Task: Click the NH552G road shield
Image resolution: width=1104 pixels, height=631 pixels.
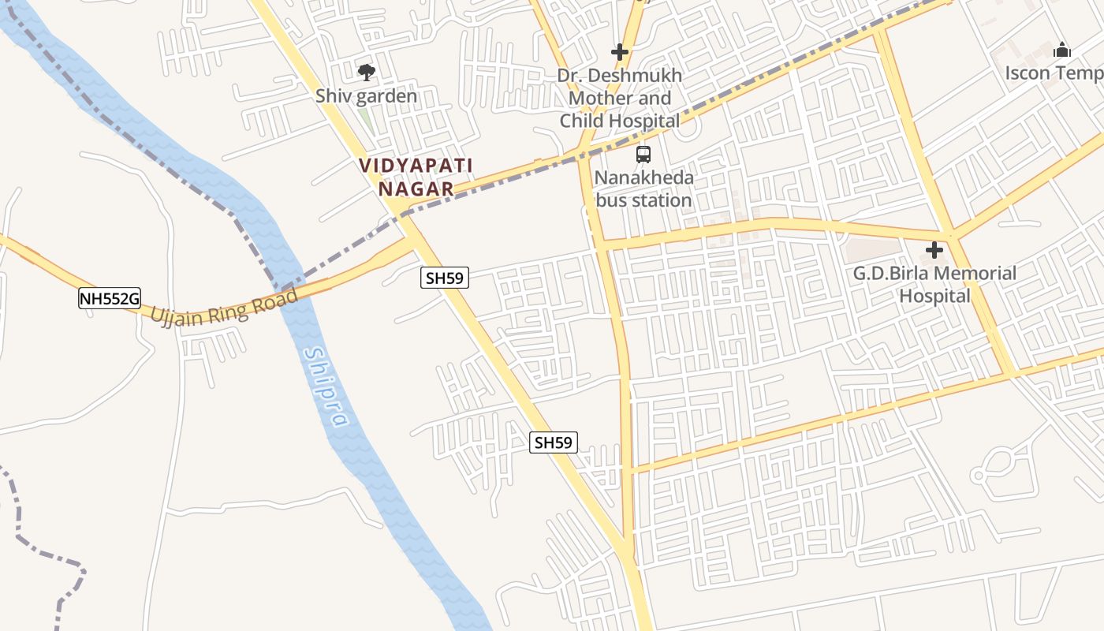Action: (x=109, y=298)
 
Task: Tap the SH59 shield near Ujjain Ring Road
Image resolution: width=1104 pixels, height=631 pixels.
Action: (x=446, y=278)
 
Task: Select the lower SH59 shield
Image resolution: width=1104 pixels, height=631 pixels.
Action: (x=553, y=442)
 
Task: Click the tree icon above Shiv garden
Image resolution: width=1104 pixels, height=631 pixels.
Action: (x=366, y=73)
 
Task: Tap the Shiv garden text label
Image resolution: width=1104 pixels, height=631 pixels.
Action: (x=366, y=96)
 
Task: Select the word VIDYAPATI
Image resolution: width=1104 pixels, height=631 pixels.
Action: (x=416, y=166)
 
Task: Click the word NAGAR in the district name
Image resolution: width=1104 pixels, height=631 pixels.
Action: (x=416, y=189)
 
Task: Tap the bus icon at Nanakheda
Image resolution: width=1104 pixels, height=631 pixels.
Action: (x=643, y=155)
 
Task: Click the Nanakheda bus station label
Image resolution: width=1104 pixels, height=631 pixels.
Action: (x=643, y=189)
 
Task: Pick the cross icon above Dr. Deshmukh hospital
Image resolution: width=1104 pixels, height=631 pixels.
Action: (x=620, y=53)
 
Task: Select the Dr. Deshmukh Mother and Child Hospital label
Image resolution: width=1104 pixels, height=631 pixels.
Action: (x=620, y=99)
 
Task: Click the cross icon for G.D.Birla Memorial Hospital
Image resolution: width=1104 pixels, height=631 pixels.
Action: (x=934, y=251)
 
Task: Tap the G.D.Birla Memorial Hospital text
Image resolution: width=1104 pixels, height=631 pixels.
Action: (x=934, y=285)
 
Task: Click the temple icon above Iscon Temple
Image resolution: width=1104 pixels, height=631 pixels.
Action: (x=1062, y=50)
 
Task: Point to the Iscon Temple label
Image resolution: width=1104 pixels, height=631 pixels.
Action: (x=1054, y=73)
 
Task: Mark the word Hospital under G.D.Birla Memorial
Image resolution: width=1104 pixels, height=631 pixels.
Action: (x=934, y=297)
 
